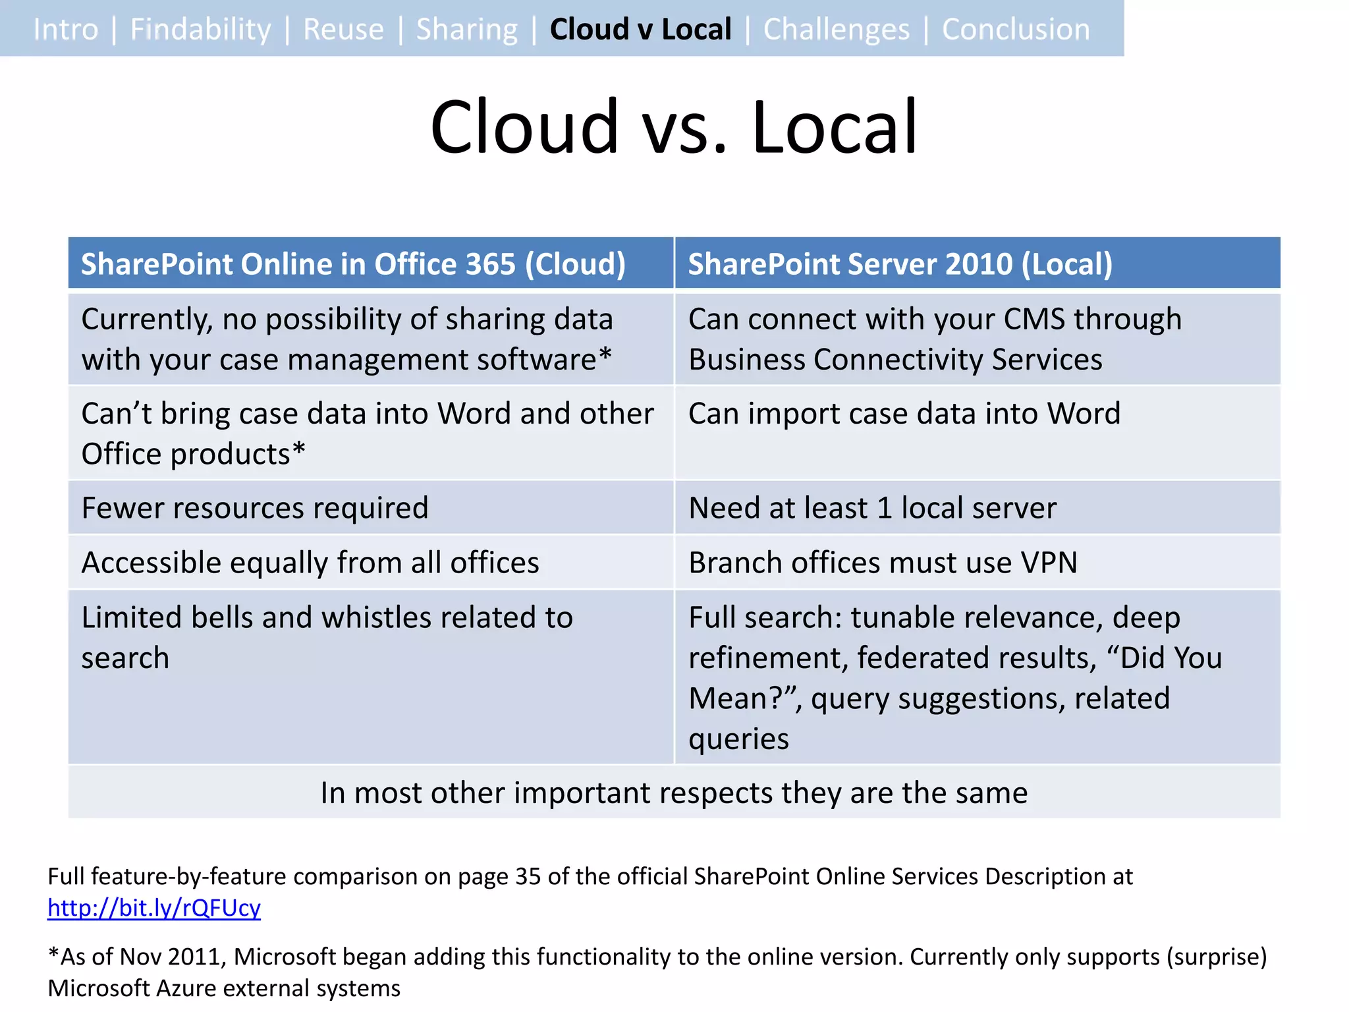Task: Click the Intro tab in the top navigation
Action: pyautogui.click(x=66, y=30)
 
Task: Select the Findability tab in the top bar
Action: pyautogui.click(x=200, y=30)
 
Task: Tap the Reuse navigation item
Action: pyautogui.click(x=343, y=30)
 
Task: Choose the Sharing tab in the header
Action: pyautogui.click(x=467, y=30)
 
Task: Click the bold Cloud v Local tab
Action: pyautogui.click(x=640, y=30)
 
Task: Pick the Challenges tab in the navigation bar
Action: pyautogui.click(x=837, y=30)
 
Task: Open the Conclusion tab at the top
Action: pyautogui.click(x=1016, y=30)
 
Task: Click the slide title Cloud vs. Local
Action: pyautogui.click(x=674, y=126)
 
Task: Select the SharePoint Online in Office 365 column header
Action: pyautogui.click(x=353, y=264)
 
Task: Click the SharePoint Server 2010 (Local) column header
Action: pyautogui.click(x=900, y=264)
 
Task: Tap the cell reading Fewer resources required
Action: pyautogui.click(x=255, y=508)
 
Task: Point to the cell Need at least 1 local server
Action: pyautogui.click(x=872, y=508)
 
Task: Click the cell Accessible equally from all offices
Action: pyautogui.click(x=310, y=563)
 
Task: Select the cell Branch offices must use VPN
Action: pyautogui.click(x=883, y=563)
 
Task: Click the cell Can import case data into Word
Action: pyautogui.click(x=904, y=414)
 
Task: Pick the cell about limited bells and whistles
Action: pyautogui.click(x=327, y=637)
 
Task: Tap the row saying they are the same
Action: pyautogui.click(x=674, y=793)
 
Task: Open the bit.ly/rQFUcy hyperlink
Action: pyautogui.click(x=154, y=908)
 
